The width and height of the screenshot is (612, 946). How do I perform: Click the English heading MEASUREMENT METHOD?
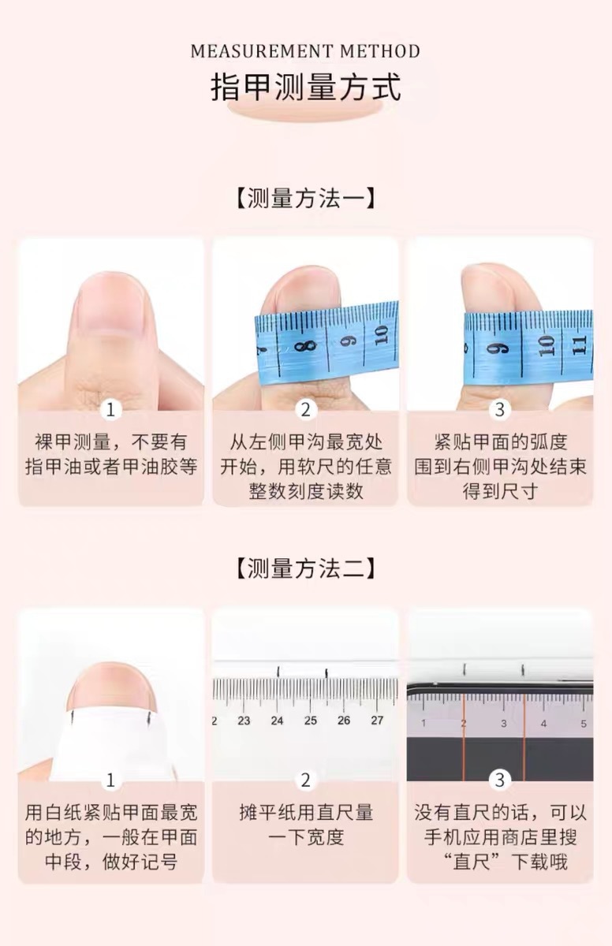pyautogui.click(x=305, y=52)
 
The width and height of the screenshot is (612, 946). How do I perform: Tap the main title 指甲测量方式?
pyautogui.click(x=305, y=87)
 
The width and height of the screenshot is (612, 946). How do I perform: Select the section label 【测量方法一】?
pyautogui.click(x=305, y=198)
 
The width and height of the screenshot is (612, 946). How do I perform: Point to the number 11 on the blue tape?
pyautogui.click(x=580, y=345)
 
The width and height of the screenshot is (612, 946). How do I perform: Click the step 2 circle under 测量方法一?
pyautogui.click(x=305, y=410)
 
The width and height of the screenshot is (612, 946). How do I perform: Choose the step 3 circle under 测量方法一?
pyautogui.click(x=500, y=410)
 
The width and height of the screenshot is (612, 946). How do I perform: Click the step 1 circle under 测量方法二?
pyautogui.click(x=111, y=780)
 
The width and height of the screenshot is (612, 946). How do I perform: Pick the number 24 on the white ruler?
pyautogui.click(x=277, y=721)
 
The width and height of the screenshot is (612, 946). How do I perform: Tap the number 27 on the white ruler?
pyautogui.click(x=377, y=721)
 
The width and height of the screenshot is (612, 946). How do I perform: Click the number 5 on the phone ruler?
pyautogui.click(x=584, y=724)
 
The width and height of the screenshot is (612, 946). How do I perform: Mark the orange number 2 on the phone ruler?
pyautogui.click(x=464, y=724)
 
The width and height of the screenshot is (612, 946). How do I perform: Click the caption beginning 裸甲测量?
pyautogui.click(x=111, y=454)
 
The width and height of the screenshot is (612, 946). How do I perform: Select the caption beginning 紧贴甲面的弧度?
pyautogui.click(x=500, y=466)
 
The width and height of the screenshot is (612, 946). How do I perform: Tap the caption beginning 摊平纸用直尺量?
pyautogui.click(x=305, y=825)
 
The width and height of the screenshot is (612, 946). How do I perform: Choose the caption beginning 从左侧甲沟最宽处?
pyautogui.click(x=305, y=466)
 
